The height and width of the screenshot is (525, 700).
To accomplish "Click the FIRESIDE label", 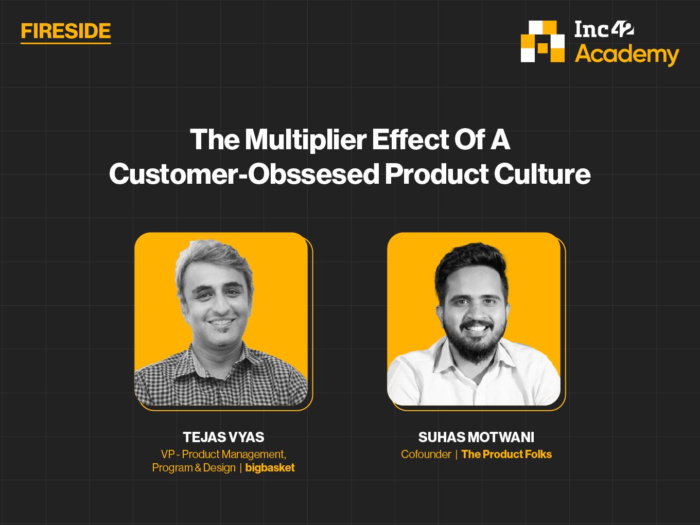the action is [66, 31].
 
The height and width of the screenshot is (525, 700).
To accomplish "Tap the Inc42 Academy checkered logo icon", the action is [542, 41].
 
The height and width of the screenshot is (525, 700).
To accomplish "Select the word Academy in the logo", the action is [627, 55].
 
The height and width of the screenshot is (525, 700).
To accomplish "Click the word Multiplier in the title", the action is [306, 139].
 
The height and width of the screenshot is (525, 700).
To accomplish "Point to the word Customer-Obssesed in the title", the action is [244, 174].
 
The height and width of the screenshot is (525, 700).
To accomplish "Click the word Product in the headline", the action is [436, 174].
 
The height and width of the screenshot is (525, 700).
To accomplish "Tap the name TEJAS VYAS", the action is [223, 437].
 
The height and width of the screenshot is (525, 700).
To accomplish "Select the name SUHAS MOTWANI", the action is [476, 437].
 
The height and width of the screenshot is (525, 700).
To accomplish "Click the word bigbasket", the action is [270, 468].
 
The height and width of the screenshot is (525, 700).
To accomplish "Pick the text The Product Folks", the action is [506, 454].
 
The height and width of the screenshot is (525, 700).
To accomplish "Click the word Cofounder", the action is [426, 454].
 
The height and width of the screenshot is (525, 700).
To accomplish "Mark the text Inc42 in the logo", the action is [604, 30].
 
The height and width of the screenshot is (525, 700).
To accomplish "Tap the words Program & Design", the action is [194, 468].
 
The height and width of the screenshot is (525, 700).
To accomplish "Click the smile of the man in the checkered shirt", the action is [221, 322].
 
